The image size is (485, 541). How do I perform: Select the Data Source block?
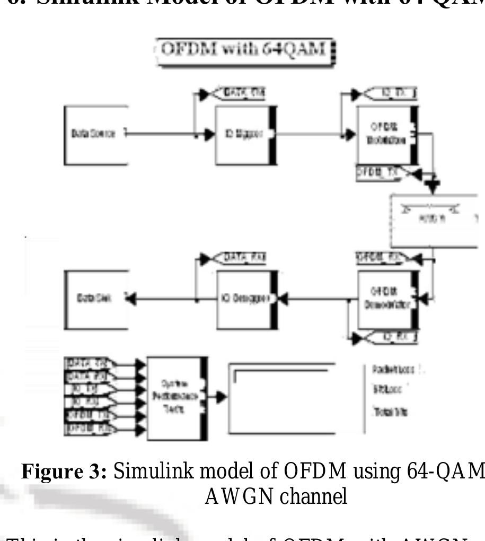[96, 134]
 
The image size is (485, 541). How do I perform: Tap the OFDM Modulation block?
[387, 135]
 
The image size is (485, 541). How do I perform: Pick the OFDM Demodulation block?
[387, 299]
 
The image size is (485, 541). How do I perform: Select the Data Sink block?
[96, 299]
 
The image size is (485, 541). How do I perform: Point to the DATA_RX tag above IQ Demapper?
[239, 258]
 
